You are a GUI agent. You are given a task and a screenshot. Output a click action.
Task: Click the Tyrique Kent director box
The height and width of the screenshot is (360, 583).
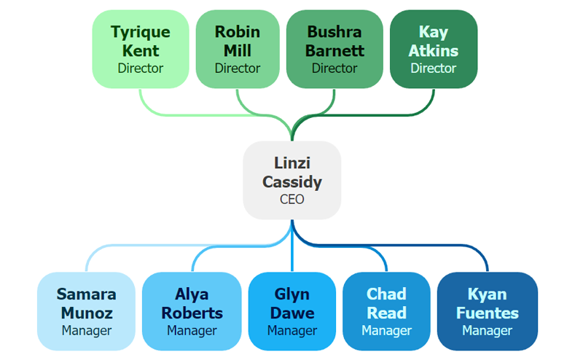pyautogui.click(x=141, y=49)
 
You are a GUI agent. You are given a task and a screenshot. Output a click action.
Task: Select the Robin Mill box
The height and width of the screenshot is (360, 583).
pyautogui.click(x=238, y=49)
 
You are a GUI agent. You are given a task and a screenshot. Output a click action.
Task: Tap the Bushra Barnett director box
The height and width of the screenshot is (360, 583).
pyautogui.click(x=334, y=49)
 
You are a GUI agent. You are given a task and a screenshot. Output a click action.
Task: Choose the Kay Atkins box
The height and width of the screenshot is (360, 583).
pyautogui.click(x=434, y=49)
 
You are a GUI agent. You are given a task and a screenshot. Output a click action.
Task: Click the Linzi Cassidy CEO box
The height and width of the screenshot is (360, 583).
pyautogui.click(x=292, y=180)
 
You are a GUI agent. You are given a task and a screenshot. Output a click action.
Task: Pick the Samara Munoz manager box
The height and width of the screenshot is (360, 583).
pyautogui.click(x=86, y=311)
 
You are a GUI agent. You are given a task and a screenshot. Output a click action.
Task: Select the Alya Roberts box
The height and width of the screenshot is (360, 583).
pyautogui.click(x=192, y=311)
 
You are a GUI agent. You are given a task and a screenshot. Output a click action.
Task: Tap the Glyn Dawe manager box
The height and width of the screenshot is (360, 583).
pyautogui.click(x=292, y=311)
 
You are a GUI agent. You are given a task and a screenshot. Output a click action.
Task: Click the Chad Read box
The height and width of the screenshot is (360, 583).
pyautogui.click(x=386, y=311)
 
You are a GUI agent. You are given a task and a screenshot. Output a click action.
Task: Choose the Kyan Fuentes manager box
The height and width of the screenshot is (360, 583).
pyautogui.click(x=488, y=311)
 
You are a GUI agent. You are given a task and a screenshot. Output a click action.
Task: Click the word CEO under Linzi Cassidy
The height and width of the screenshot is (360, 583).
pyautogui.click(x=292, y=199)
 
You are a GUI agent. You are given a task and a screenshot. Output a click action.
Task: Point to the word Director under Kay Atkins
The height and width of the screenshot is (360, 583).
pyautogui.click(x=434, y=69)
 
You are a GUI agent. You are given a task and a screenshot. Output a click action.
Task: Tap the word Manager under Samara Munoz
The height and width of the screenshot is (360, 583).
pyautogui.click(x=86, y=331)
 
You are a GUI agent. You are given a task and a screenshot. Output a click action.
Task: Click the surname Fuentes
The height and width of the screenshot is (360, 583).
pyautogui.click(x=488, y=313)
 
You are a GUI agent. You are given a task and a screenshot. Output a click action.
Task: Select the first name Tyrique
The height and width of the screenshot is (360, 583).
pyautogui.click(x=141, y=32)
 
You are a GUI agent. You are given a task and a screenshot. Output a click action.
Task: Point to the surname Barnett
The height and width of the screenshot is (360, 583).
pyautogui.click(x=334, y=51)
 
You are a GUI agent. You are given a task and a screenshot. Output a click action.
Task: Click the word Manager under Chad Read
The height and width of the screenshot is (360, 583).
pyautogui.click(x=386, y=331)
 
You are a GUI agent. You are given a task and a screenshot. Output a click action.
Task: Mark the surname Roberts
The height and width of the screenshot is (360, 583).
pyautogui.click(x=192, y=313)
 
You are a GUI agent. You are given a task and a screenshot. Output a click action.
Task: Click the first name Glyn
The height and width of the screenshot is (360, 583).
pyautogui.click(x=292, y=295)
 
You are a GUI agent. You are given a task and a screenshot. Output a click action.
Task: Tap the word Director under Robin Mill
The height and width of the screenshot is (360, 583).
pyautogui.click(x=238, y=69)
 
